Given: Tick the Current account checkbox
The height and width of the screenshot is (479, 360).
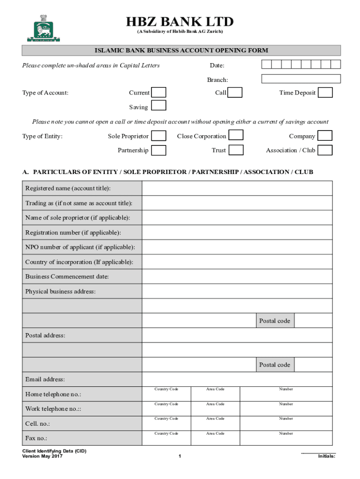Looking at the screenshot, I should point(159,93).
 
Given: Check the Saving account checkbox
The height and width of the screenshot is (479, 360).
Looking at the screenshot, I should point(159,106).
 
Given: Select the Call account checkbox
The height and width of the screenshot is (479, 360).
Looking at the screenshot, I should point(235,93).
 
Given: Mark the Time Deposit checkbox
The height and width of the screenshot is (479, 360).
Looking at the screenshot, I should point(325,93).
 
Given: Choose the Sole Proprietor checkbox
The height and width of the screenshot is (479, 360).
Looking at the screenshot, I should point(159,136).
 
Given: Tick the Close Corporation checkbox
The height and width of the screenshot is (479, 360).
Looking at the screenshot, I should point(236,136).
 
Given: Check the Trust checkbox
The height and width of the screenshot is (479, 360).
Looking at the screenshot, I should point(236,150).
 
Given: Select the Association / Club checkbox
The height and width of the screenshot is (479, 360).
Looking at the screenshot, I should point(325,150).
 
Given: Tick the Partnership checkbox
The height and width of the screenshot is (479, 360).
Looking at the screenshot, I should point(159,150).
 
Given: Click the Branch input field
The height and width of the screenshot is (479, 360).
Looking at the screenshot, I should point(301,79).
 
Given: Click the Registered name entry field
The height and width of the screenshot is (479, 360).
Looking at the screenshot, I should point(237,188).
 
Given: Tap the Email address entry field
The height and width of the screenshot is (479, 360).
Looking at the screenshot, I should point(237,379).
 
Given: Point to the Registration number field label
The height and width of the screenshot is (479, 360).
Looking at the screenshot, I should point(73,232).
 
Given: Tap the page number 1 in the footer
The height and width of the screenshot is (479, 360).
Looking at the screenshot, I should point(180,457).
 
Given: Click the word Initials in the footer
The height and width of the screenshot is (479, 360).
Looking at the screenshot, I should point(326,457).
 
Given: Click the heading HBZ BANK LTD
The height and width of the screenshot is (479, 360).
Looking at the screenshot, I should point(180,22).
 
